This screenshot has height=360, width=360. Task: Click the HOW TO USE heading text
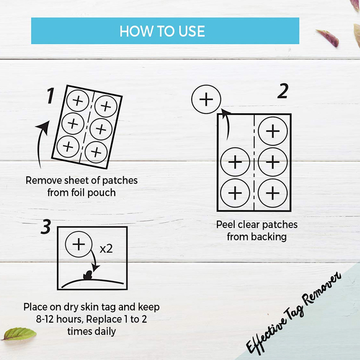(x=162, y=31)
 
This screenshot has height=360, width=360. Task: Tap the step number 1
(x=51, y=95)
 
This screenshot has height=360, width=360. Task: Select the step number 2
(x=283, y=91)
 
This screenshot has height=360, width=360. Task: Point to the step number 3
(x=46, y=227)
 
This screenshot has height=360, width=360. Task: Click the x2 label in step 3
(x=106, y=249)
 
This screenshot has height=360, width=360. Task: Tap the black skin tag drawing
(x=88, y=275)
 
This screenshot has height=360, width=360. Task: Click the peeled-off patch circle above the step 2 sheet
(x=206, y=99)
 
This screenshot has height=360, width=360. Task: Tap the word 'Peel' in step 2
(x=226, y=225)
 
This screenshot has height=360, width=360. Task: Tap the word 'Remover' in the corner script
(x=322, y=290)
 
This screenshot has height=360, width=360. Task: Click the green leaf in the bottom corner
(x=19, y=333)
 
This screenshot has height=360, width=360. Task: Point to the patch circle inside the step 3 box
(x=79, y=244)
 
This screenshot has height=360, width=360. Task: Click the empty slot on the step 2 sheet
(x=235, y=131)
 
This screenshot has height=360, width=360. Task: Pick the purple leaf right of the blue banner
(x=328, y=38)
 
